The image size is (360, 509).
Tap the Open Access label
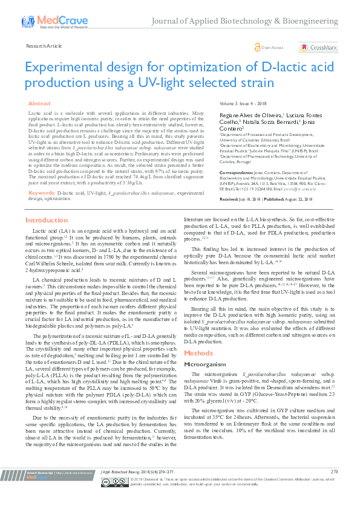[272, 47]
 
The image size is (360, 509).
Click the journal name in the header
[252, 21]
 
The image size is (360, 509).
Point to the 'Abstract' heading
[40, 104]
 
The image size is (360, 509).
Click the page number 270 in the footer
[335, 488]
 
